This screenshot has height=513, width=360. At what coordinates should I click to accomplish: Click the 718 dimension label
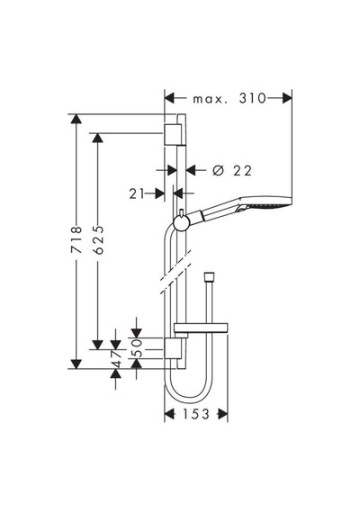point(76,239)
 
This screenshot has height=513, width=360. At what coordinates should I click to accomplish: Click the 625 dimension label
point(98,239)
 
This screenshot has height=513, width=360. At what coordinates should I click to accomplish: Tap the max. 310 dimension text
point(229,98)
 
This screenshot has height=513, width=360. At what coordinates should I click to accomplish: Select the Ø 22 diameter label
point(232,170)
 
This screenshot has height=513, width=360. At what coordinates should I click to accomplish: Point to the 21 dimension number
point(137,193)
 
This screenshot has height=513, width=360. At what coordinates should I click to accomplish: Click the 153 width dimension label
point(195,414)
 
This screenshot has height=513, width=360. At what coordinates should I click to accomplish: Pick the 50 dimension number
point(138,347)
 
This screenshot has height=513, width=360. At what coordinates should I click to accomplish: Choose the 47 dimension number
point(116,359)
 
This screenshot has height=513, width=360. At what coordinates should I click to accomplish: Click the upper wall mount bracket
point(172,134)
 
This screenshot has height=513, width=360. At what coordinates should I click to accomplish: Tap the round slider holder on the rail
point(181,223)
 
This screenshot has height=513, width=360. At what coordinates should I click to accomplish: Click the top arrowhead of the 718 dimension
point(76,119)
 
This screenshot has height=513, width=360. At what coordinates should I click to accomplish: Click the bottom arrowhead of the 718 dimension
point(76,364)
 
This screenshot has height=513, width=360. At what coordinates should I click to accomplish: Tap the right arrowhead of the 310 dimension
point(287,98)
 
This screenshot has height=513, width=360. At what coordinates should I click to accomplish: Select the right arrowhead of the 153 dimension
point(222,414)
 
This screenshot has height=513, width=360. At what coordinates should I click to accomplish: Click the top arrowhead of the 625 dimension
point(98,138)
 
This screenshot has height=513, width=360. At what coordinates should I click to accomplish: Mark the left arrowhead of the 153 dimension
point(169,414)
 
